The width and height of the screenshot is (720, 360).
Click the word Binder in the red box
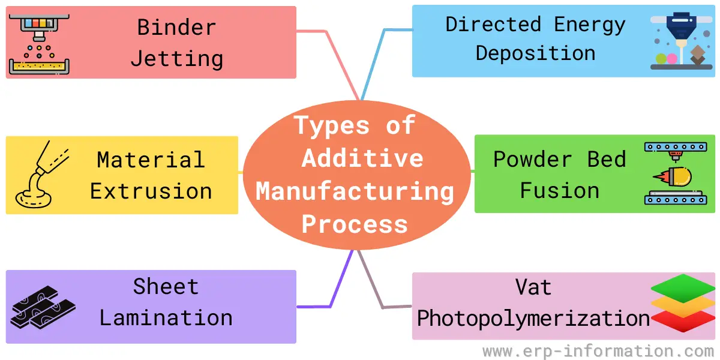pos(176,27)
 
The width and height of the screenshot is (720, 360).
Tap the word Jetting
pos(176,59)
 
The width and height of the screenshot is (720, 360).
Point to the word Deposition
pos(535,53)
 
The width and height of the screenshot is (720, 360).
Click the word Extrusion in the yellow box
pos(151,191)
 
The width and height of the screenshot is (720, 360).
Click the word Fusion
pos(559,191)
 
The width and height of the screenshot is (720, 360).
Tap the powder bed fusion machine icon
pos(675,174)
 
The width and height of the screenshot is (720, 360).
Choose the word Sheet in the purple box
pos(166,287)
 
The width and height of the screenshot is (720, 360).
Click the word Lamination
pos(166,318)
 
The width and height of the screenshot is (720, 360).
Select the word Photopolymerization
pos(533,318)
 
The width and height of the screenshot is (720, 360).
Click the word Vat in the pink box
pos(533,287)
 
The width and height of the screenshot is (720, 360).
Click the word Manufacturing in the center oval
pos(355,191)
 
